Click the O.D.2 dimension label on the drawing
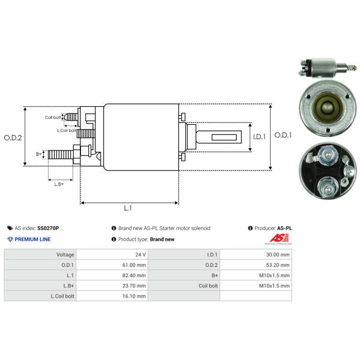pos(13,138)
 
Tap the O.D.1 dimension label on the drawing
pos(283,135)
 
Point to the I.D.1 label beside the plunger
pos(259,137)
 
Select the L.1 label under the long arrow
pos(128,208)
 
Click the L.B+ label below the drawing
pos(59,184)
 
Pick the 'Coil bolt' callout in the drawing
pos(53,118)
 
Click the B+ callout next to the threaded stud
pos(39,154)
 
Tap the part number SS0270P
pos(48,228)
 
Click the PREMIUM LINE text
pos(32,239)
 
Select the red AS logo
pos(279,238)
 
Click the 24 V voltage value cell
pos(112,254)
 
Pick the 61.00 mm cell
pos(112,265)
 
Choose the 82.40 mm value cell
pos(112,275)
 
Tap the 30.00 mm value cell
pos(256,254)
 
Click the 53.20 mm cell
pos(256,265)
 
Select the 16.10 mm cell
pos(112,296)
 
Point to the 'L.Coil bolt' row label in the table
pos(62,296)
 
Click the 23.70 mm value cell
pos(112,286)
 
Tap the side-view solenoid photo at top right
pos(328,68)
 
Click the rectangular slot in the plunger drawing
pos(224,137)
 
